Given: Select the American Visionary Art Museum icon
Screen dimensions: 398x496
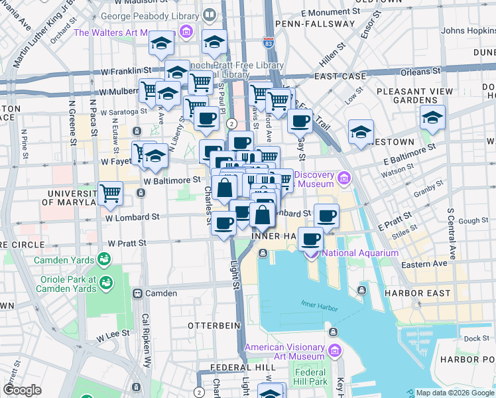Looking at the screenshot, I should (x=334, y=350).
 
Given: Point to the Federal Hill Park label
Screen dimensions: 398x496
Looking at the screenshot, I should (x=310, y=377).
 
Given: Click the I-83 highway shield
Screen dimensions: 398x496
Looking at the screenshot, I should (x=267, y=42).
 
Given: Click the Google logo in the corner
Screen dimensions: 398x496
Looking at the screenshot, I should (x=22, y=390).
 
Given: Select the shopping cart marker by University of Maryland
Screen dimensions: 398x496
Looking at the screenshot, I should (x=111, y=193).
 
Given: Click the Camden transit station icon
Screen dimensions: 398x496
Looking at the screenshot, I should (x=139, y=293).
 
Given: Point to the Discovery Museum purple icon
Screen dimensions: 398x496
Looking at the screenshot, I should (x=343, y=178).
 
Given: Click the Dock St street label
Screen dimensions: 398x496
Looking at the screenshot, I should (x=476, y=338).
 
